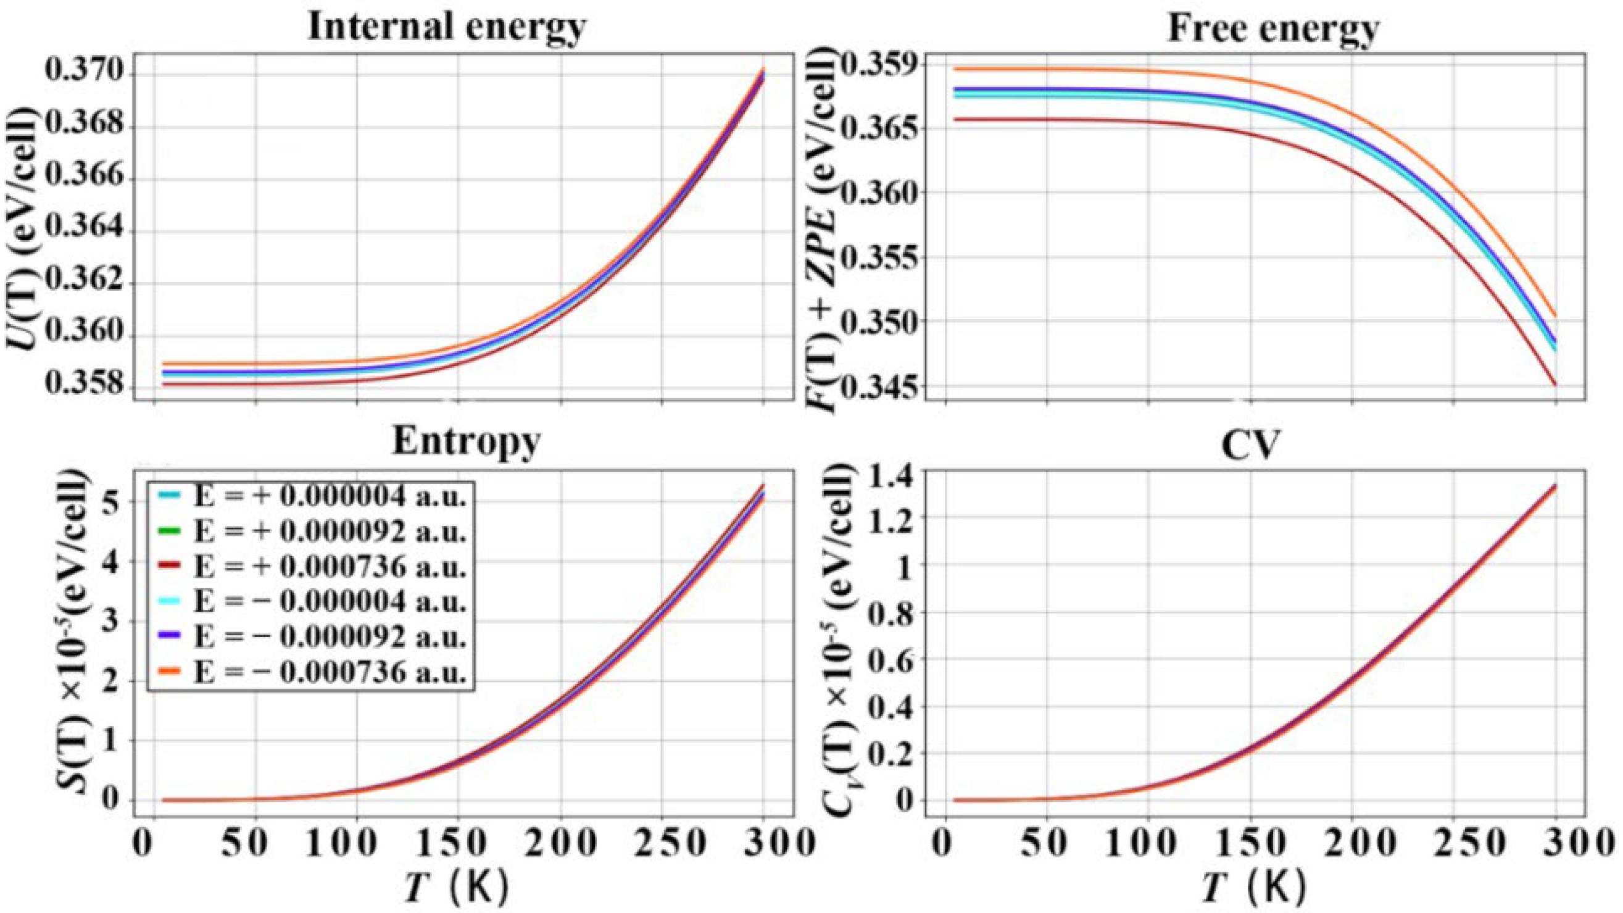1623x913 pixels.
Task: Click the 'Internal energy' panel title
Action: pos(447,28)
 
